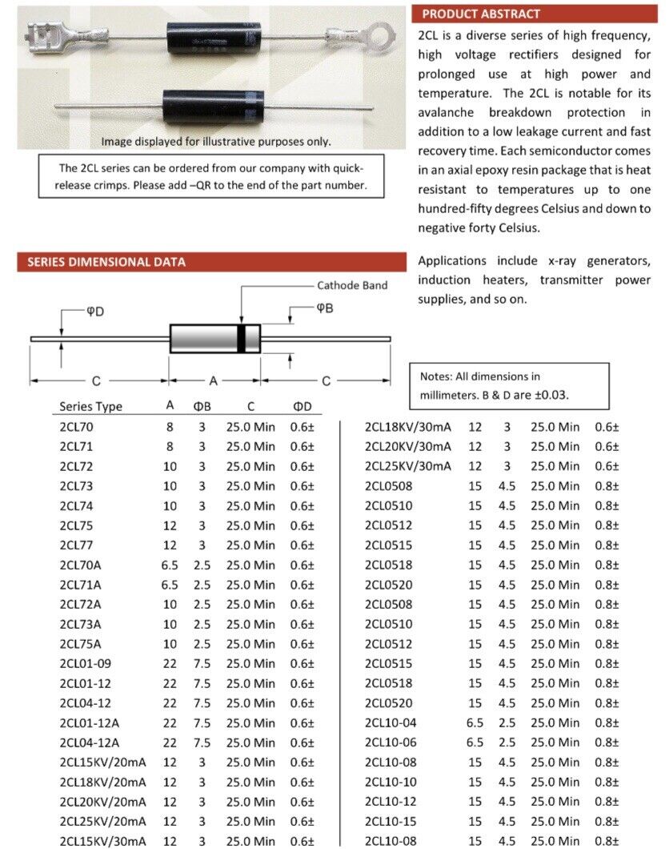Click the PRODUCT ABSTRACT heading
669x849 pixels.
coord(481,14)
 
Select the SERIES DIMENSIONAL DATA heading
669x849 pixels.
coord(106,262)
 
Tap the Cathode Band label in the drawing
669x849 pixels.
coord(352,285)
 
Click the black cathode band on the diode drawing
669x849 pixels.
coord(241,337)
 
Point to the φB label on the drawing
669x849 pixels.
coord(324,308)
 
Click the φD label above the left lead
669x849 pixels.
coord(95,311)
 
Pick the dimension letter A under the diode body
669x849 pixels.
coord(214,380)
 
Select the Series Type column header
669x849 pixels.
coord(90,406)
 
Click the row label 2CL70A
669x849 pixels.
coord(80,565)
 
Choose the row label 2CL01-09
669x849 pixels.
coord(85,663)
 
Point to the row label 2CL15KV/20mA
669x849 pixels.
coord(102,762)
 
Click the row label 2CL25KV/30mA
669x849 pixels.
coord(408,466)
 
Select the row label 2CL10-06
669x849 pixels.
coord(391,742)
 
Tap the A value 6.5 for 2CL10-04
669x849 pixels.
coord(475,722)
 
